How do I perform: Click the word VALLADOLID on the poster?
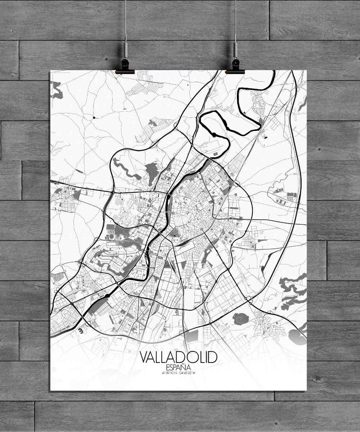pos(179,357)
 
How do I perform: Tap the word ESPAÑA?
pos(179,368)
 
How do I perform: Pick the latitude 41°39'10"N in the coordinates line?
pos(169,373)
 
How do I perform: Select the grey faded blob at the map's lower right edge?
pos(297,337)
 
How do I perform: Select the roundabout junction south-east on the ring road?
pos(248,298)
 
